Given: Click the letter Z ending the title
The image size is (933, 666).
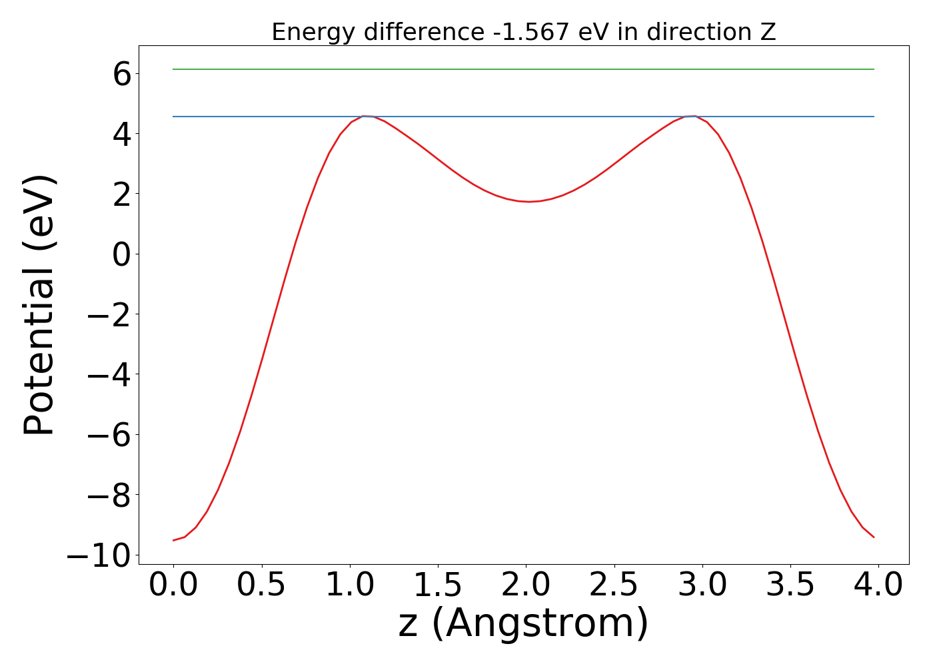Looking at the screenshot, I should pyautogui.click(x=768, y=32).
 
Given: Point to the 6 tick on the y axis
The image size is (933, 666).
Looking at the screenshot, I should pyautogui.click(x=122, y=74).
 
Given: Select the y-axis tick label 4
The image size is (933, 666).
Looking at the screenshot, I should pyautogui.click(x=122, y=134).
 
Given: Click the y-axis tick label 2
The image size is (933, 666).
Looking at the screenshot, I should pyautogui.click(x=122, y=194).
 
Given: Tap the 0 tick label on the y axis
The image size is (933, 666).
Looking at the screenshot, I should pyautogui.click(x=122, y=254).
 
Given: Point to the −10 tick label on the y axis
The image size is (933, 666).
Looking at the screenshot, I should pyautogui.click(x=99, y=555).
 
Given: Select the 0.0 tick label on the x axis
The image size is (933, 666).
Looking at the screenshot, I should pyautogui.click(x=173, y=585).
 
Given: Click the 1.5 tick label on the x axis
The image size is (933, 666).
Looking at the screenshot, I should pyautogui.click(x=438, y=585).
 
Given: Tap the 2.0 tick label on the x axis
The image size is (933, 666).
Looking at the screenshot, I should pyautogui.click(x=526, y=585).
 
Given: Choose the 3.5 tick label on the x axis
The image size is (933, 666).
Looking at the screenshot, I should pyautogui.click(x=790, y=585).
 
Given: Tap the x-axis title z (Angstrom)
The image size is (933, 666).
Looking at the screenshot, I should pyautogui.click(x=524, y=623).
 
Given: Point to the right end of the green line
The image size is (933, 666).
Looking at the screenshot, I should pyautogui.click(x=873, y=69).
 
